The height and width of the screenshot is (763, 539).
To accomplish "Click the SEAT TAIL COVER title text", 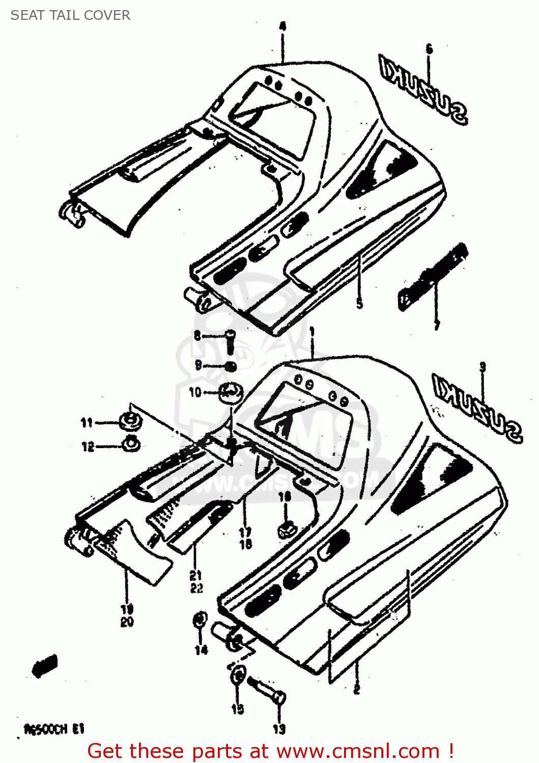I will coord(70,15).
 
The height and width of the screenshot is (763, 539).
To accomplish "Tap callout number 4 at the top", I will coord(282,26).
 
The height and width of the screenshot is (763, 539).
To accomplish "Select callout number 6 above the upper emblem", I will coord(429,49).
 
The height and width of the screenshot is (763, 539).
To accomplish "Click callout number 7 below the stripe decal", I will coord(436,325).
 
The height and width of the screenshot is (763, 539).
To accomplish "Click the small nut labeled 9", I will coord(230,366).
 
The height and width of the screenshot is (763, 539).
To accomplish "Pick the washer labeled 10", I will coord(231,392).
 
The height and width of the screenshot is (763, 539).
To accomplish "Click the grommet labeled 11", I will coord(130,421).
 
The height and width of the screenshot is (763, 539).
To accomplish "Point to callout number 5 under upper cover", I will coord(359,304).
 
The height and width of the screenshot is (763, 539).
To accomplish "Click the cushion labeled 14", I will coord(200,621).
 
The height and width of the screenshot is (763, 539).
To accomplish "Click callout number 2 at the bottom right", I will coord(356,690).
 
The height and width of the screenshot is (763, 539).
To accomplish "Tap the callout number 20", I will coord(127,622).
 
